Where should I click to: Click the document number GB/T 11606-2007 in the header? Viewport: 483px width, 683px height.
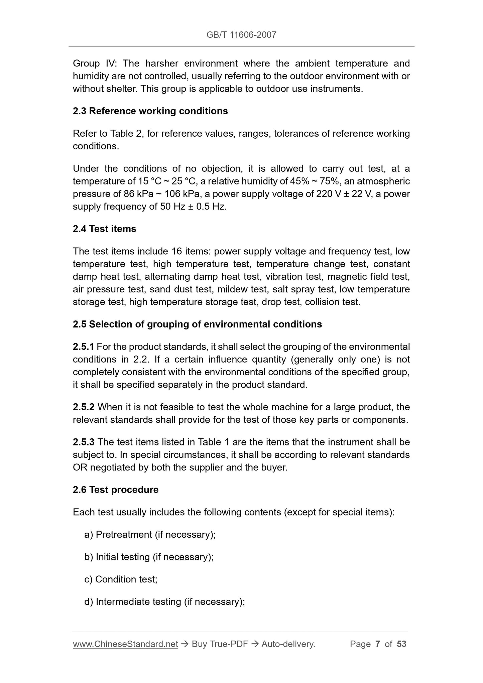[x=241, y=35]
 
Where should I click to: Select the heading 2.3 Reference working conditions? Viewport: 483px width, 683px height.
[x=150, y=111]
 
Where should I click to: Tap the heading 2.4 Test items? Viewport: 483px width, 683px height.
[x=104, y=229]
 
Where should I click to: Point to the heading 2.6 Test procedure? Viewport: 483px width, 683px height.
[x=115, y=490]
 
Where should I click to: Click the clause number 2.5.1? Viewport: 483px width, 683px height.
[x=83, y=347]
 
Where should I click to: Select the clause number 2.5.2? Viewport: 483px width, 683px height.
[x=84, y=407]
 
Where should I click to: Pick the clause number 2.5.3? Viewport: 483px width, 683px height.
[x=84, y=442]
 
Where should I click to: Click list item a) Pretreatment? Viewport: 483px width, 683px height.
[x=150, y=535]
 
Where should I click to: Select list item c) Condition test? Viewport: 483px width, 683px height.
[x=121, y=579]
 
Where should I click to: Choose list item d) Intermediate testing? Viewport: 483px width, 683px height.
[x=165, y=602]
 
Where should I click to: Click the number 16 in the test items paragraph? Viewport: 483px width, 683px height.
[x=177, y=251]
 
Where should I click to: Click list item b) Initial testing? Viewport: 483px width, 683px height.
[x=149, y=557]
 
